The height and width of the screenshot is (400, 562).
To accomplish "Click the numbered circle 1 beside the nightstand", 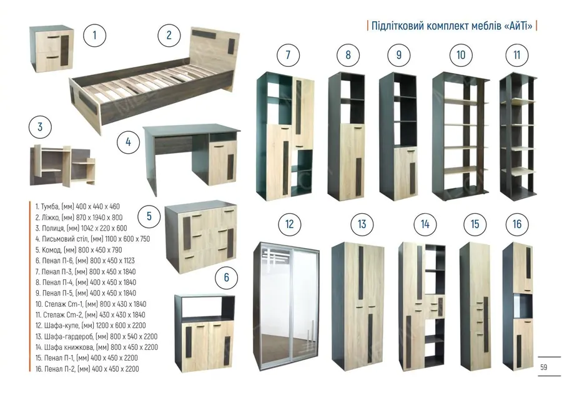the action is click(95, 35).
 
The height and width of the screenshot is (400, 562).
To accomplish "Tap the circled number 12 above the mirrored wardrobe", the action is click(289, 224).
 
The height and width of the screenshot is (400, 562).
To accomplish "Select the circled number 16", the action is click(517, 224).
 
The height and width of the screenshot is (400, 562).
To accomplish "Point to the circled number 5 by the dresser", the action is click(149, 216).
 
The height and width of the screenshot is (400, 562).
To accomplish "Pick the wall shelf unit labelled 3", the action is click(62, 166).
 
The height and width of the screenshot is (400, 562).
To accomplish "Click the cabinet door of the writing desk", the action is click(222, 163).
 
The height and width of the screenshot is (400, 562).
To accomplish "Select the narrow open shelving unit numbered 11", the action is click(518, 136).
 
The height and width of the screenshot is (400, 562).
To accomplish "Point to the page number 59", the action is click(544, 367).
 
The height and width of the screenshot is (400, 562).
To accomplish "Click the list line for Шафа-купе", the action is click(91, 326).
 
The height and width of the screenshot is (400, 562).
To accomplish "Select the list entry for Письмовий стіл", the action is click(92, 239).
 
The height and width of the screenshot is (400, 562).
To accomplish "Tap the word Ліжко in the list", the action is click(50, 217).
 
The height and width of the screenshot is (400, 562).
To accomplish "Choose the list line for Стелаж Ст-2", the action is click(91, 314).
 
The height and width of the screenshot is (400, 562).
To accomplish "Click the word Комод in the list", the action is click(52, 249).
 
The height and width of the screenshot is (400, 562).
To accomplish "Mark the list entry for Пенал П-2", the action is click(87, 368).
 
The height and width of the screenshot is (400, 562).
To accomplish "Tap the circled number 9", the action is click(399, 55).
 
